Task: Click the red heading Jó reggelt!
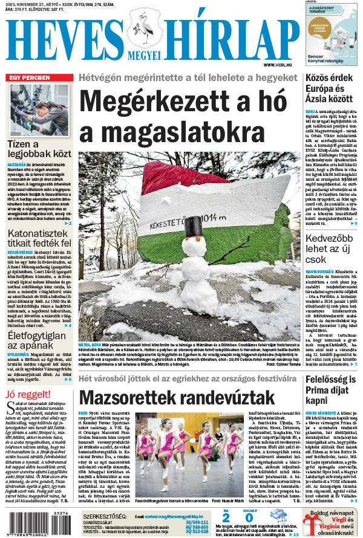coord(25,378)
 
